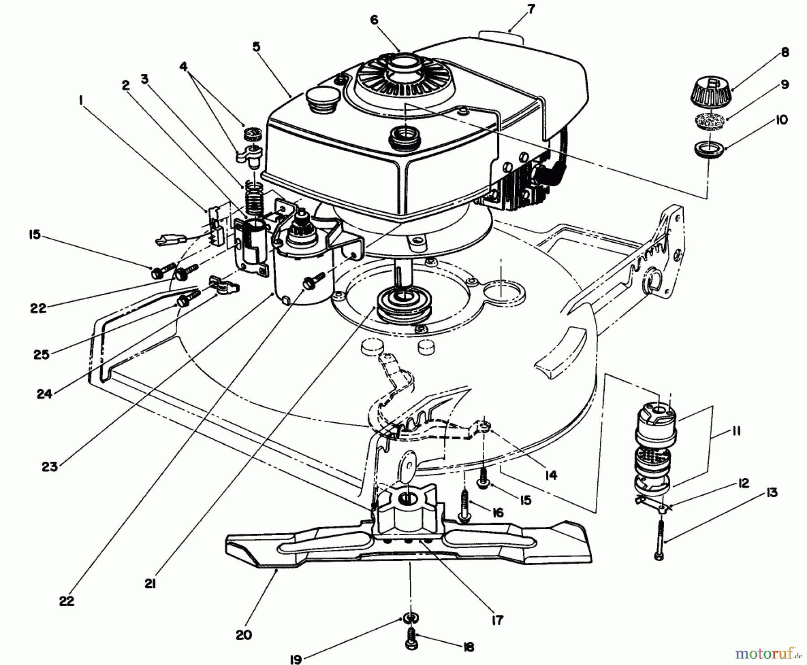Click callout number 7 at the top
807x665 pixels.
pos(531,9)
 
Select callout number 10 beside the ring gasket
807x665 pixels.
pos(781,120)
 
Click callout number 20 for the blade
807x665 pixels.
pos(244,635)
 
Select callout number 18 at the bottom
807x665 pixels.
pos(469,647)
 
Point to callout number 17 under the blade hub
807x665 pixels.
pos(497,620)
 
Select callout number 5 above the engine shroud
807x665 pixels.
pos(256,47)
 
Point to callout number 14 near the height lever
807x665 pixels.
pos(551,475)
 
